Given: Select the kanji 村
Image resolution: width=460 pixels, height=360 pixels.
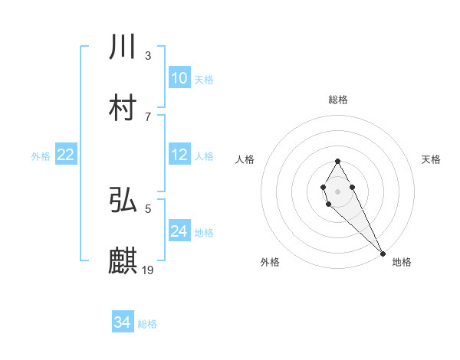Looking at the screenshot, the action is (123, 108).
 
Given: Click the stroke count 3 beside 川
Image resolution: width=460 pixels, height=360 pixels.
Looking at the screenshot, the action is (148, 56).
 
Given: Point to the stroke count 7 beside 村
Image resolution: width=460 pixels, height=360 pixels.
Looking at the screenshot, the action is (148, 116).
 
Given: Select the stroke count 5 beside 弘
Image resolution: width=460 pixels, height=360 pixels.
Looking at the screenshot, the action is (148, 208).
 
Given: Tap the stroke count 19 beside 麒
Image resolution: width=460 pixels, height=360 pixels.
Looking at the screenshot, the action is (149, 269).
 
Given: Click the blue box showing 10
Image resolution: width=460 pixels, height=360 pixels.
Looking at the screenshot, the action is (179, 77).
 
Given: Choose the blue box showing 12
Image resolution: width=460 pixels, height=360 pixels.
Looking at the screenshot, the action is (179, 154).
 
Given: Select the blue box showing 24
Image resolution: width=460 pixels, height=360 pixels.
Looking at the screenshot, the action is (179, 231).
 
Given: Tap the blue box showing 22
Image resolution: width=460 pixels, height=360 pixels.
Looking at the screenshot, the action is (66, 154).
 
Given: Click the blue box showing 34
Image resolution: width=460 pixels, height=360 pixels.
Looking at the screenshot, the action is (123, 322).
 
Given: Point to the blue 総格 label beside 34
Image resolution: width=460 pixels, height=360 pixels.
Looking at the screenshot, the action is (147, 323).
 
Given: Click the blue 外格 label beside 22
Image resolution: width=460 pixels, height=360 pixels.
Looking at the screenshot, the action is (41, 155).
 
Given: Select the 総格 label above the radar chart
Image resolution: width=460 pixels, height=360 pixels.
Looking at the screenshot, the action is (337, 100).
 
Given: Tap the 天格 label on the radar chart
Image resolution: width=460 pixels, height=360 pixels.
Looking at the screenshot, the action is (431, 159).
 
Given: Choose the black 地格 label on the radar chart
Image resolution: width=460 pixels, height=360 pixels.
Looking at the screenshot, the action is (402, 262).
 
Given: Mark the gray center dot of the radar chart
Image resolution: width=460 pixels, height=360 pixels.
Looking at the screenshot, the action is (337, 191).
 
